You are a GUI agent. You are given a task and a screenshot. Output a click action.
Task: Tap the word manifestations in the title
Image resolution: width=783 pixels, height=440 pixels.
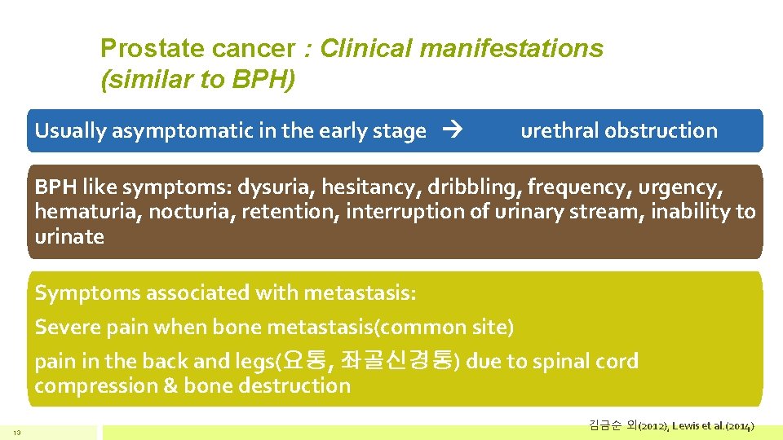(x=512, y=49)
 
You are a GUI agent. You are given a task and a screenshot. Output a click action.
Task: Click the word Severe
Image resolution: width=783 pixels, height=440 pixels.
(x=64, y=328)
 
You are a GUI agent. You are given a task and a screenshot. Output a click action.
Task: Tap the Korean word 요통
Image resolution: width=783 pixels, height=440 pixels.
(x=305, y=360)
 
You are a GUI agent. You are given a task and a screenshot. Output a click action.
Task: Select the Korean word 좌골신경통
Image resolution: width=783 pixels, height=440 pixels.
(x=398, y=360)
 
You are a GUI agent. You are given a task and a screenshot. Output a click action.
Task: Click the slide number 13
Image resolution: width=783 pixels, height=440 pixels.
(x=16, y=431)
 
